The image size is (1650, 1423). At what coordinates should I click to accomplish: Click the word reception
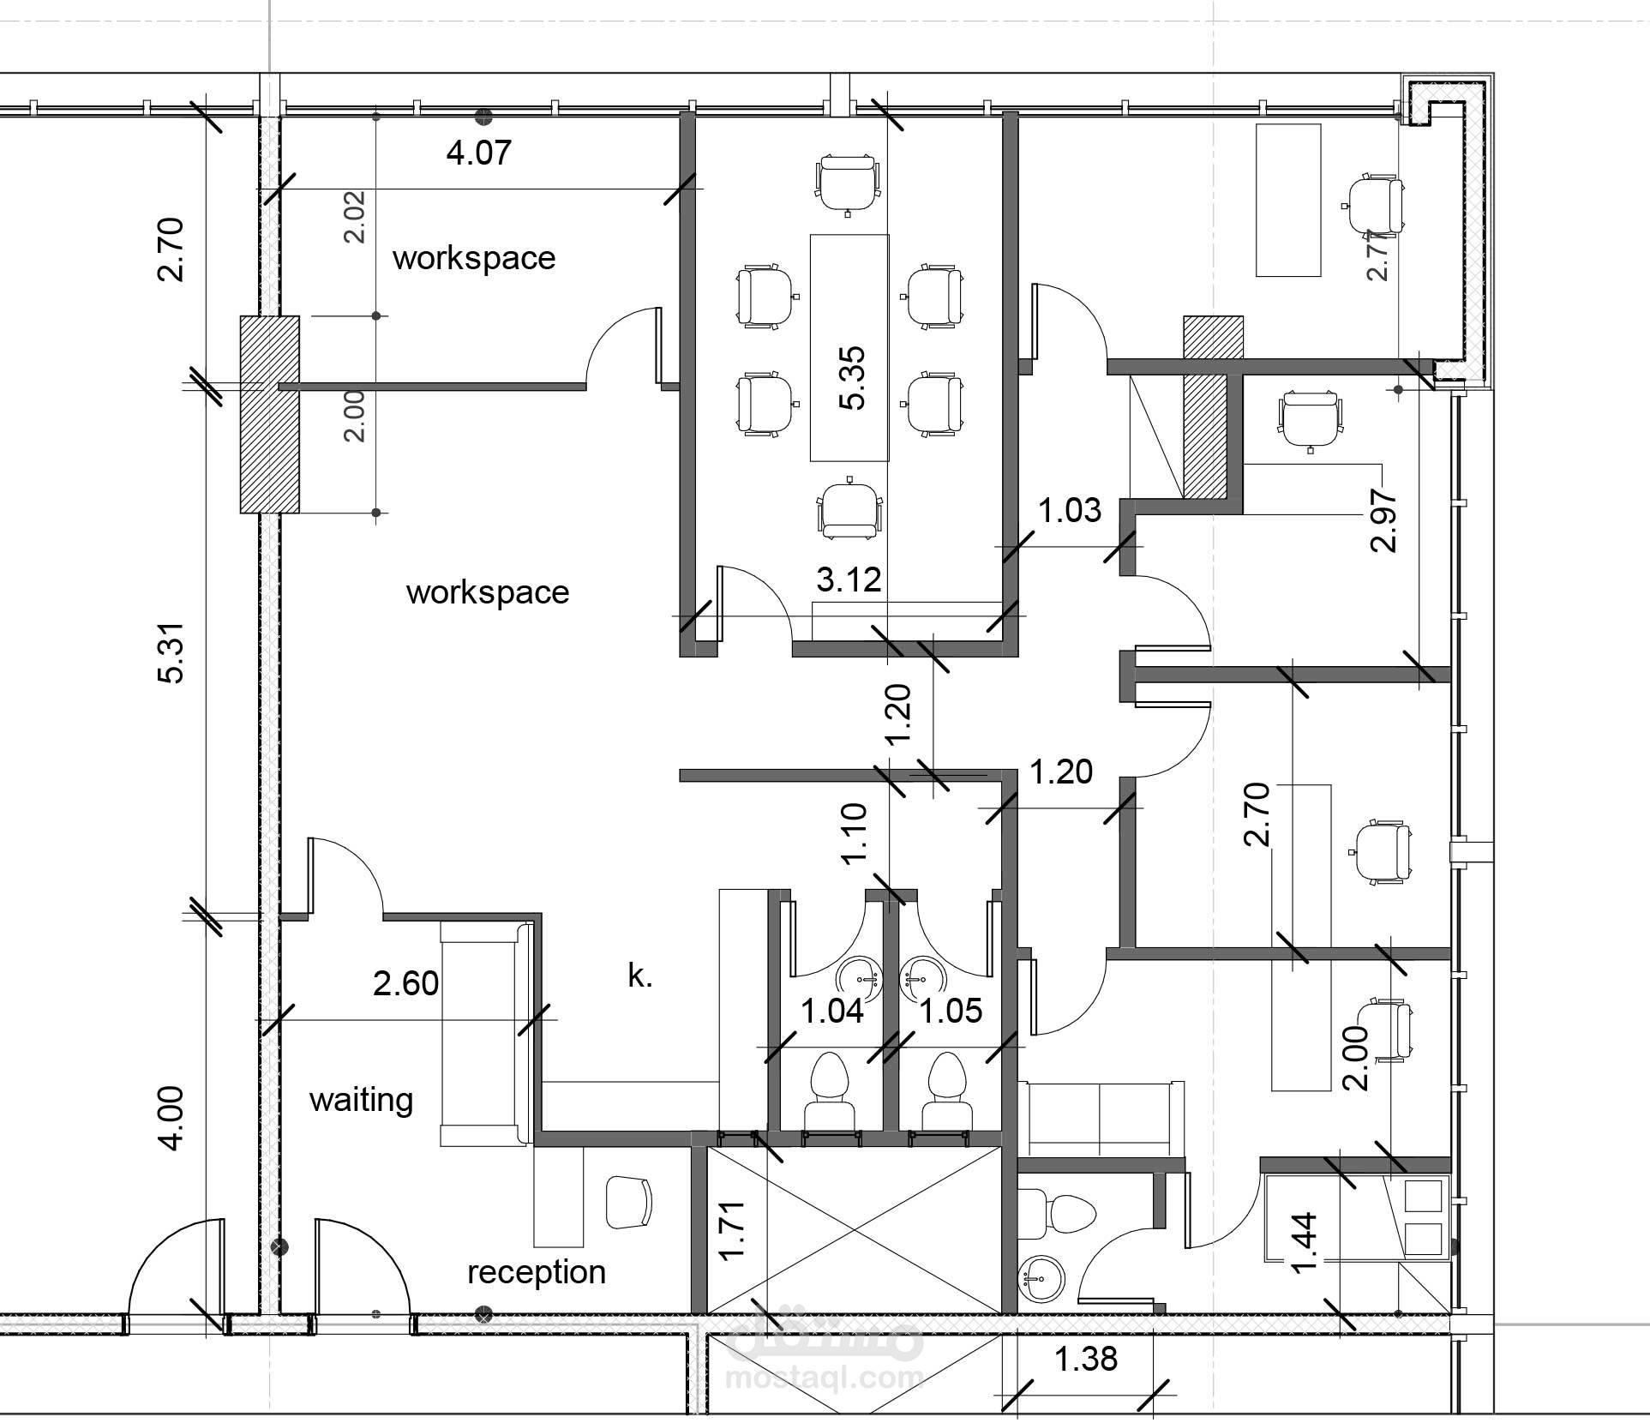(x=537, y=1272)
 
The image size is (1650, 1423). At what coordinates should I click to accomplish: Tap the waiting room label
(x=361, y=1100)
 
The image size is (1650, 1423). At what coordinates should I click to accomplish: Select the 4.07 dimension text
(x=479, y=153)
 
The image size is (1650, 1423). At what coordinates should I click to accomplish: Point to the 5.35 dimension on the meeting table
(x=852, y=378)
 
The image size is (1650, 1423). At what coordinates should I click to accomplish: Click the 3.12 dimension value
(x=849, y=580)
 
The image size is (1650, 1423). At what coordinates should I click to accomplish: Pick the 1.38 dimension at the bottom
(x=1086, y=1359)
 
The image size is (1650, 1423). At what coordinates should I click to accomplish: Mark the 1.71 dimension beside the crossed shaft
(x=732, y=1231)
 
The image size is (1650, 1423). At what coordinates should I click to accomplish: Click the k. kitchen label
(x=640, y=976)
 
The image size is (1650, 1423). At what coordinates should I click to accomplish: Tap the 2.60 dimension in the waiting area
(x=405, y=983)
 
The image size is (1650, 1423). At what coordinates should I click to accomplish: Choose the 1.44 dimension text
(x=1303, y=1243)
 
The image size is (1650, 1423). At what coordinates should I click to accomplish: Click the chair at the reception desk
(x=629, y=1203)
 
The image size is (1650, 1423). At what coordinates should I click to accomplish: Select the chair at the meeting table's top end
(x=848, y=183)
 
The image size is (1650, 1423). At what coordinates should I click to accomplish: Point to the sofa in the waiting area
(x=486, y=1033)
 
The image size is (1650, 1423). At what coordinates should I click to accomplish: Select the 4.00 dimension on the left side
(x=171, y=1118)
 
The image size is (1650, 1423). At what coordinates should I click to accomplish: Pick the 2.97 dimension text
(x=1384, y=520)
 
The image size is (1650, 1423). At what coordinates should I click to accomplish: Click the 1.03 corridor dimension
(x=1070, y=511)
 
